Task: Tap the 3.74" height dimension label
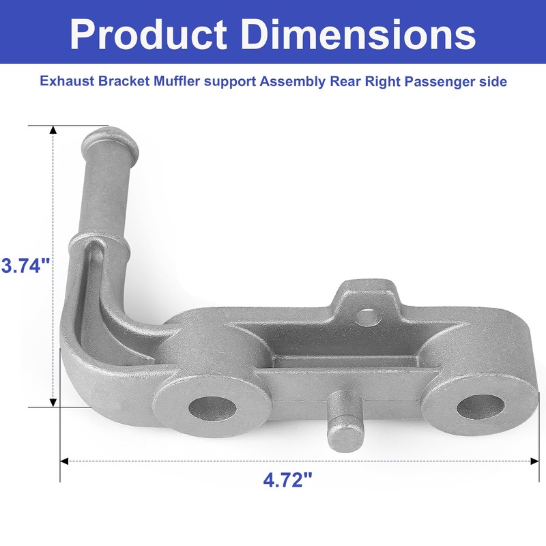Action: pyautogui.click(x=27, y=265)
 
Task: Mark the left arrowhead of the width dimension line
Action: pyautogui.click(x=65, y=461)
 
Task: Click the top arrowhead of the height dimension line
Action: pyautogui.click(x=53, y=130)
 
